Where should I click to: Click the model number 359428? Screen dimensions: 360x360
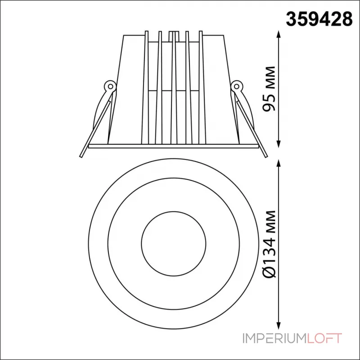pos(319,19)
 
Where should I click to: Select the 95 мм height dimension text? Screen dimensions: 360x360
pos(269,89)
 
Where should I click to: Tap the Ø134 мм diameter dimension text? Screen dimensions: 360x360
pos(269,244)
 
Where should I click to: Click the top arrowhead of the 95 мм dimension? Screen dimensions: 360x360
pos(279,35)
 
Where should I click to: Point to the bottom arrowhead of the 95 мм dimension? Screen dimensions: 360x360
pos(279,143)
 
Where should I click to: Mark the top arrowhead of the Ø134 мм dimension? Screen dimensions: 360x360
pos(279,164)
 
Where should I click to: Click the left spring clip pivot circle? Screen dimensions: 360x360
pos(110,86)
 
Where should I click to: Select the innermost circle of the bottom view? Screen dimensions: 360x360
pos(141,244)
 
